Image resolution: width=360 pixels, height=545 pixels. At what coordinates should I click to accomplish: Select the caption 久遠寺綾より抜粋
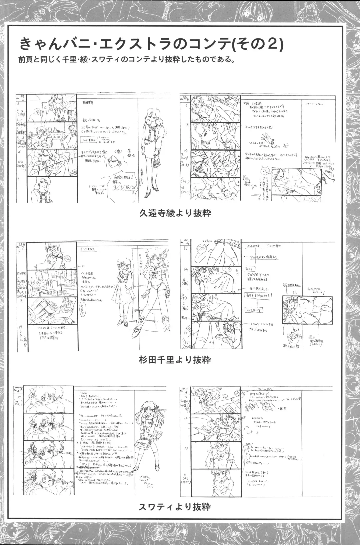[175, 213]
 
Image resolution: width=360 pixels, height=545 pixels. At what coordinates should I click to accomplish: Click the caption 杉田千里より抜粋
[175, 360]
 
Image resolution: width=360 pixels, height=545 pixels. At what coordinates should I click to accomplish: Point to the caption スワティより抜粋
[175, 507]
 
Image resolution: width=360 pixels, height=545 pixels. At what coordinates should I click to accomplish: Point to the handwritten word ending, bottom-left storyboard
[19, 388]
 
